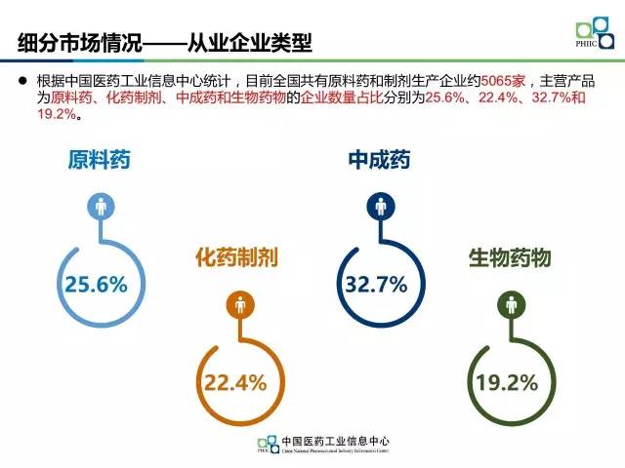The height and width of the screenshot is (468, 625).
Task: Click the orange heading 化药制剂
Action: [x=237, y=257]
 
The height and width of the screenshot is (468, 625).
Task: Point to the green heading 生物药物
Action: [x=510, y=257]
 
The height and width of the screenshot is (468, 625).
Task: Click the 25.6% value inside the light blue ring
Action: [x=97, y=285]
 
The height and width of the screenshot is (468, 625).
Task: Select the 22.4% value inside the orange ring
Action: [x=235, y=382]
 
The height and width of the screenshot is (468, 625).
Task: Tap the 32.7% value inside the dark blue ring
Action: [x=375, y=285]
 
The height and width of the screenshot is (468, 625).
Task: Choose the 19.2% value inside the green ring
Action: [x=507, y=382]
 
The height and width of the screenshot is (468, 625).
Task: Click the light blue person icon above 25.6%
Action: [x=102, y=207]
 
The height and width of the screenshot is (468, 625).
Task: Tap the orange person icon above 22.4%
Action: [x=240, y=305]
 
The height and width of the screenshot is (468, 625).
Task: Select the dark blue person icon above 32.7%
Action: [x=379, y=207]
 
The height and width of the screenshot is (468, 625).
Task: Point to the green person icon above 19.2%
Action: [x=510, y=305]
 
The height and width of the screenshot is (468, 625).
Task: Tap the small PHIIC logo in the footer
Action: [x=267, y=445]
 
